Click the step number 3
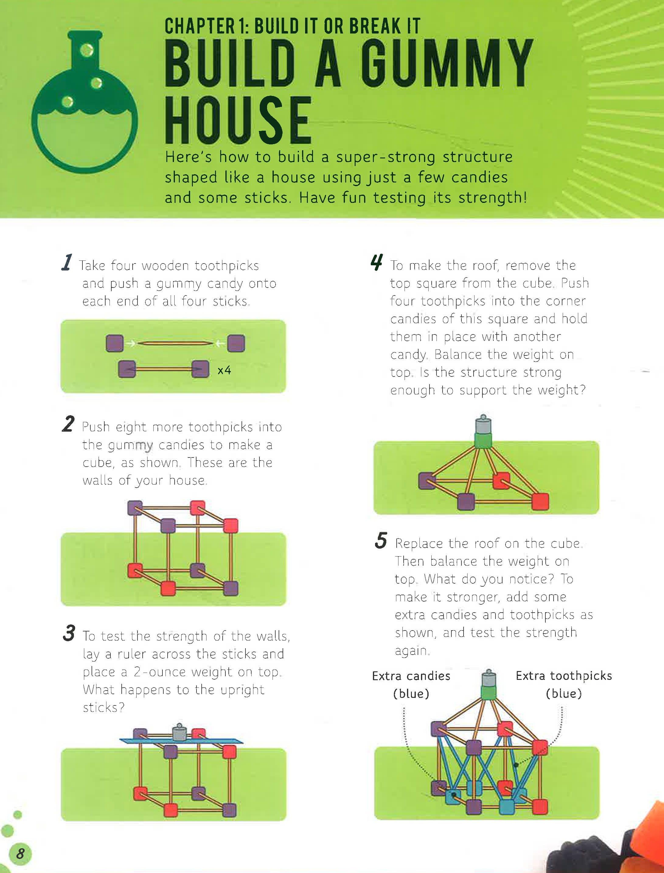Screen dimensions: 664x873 click(69, 633)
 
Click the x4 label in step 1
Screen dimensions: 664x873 click(224, 370)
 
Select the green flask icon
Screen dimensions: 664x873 click(85, 102)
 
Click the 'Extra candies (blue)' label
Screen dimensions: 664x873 click(411, 685)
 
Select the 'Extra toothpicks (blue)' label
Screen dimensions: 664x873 click(564, 685)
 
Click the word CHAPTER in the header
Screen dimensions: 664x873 click(200, 27)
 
